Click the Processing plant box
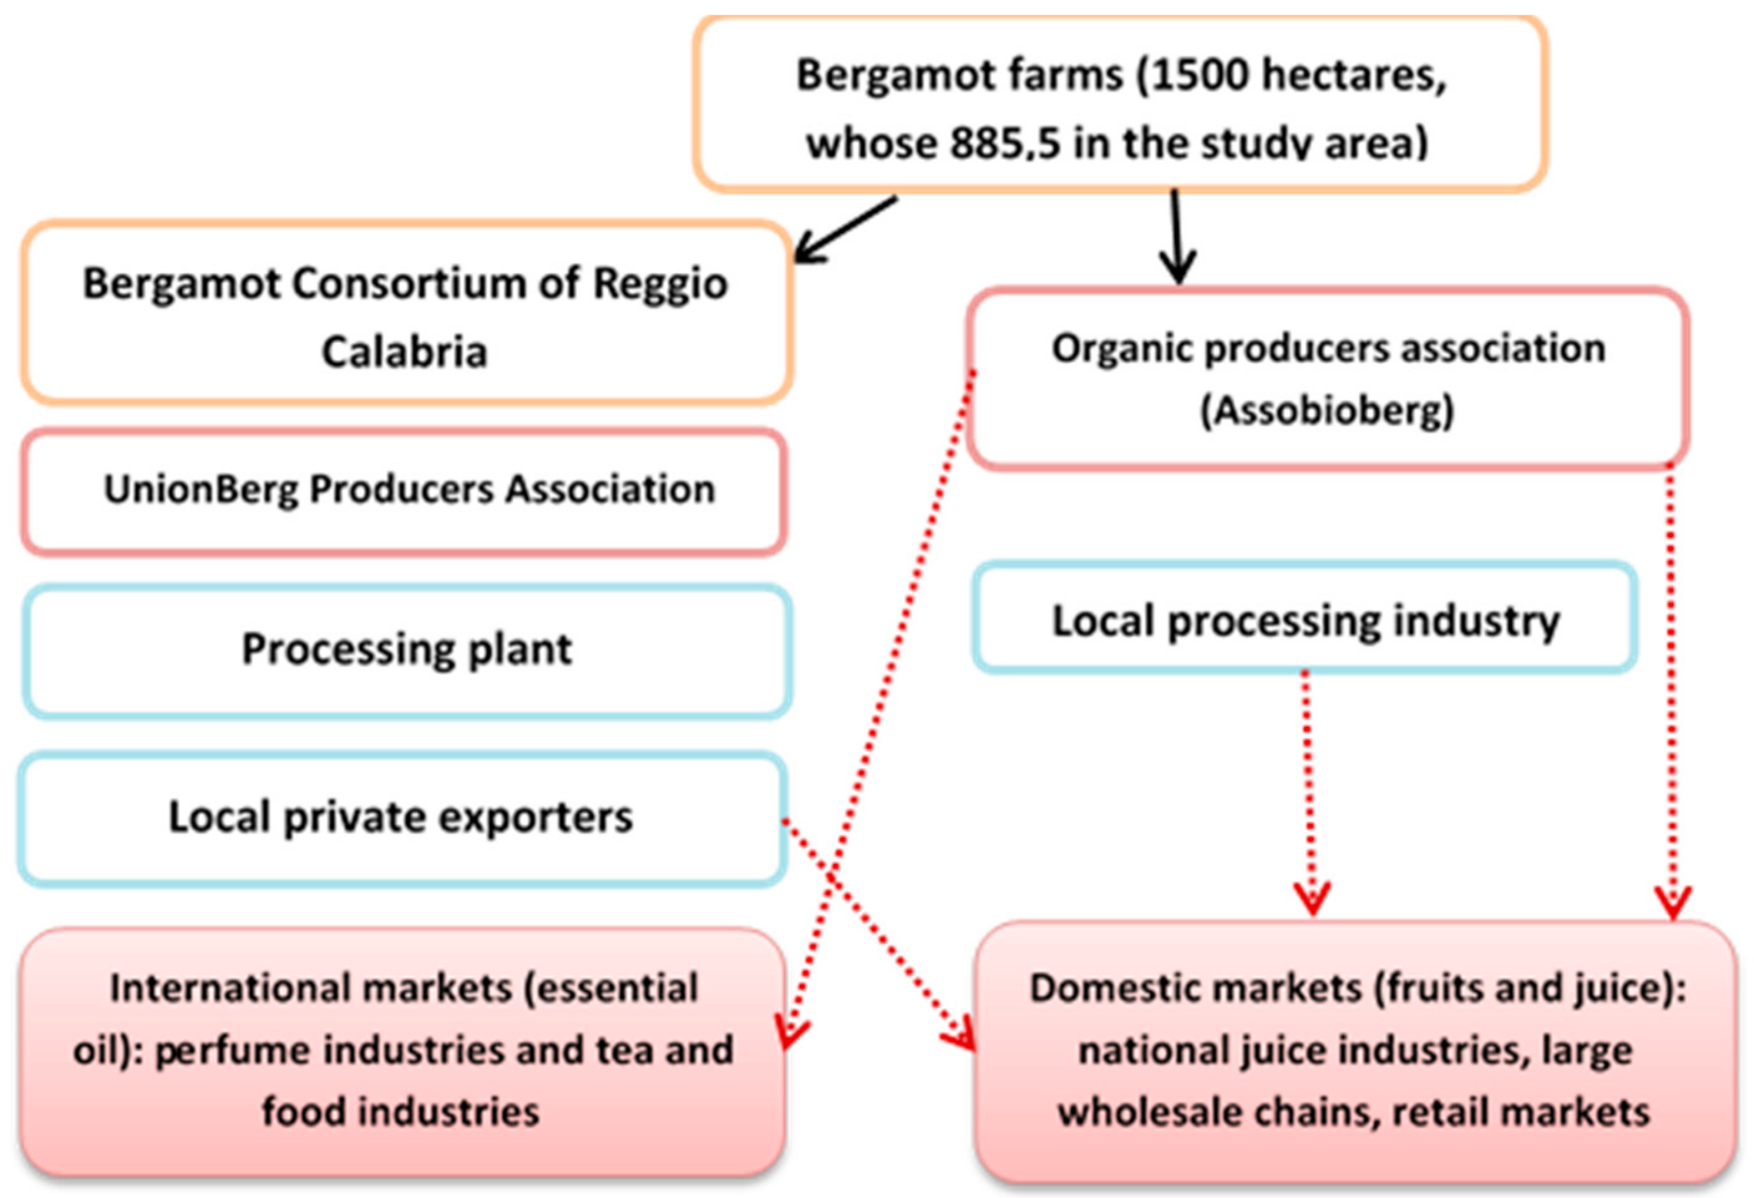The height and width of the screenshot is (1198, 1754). [407, 650]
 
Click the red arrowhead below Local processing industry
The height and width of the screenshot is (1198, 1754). [1312, 899]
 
